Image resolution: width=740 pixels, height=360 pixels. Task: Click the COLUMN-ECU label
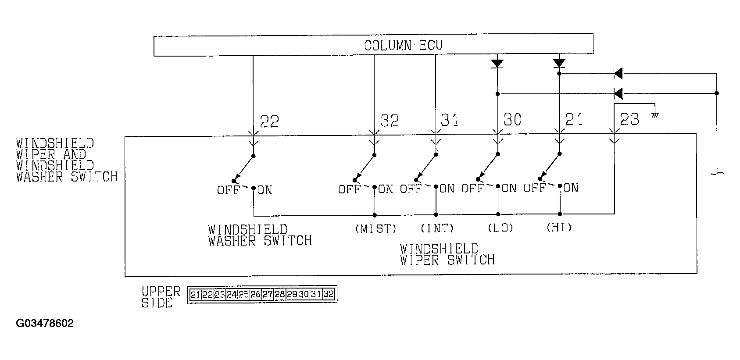tap(403, 46)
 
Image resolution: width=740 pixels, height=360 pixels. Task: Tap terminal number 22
tap(269, 121)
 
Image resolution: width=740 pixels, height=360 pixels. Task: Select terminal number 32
tap(389, 121)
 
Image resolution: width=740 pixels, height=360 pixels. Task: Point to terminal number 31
tap(450, 120)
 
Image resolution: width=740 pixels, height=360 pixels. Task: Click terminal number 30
tap(512, 120)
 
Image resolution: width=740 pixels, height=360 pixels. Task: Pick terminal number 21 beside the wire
tap(574, 119)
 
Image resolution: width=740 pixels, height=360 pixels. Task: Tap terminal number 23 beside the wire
tap(629, 119)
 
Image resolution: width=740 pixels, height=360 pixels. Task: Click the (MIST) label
tap(376, 228)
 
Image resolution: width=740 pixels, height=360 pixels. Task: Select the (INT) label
tap(437, 228)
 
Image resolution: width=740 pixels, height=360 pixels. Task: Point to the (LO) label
tap(500, 228)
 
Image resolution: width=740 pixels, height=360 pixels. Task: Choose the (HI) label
tap(559, 228)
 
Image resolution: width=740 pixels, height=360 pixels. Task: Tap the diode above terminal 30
tap(497, 64)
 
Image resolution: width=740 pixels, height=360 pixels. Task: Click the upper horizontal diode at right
tap(618, 74)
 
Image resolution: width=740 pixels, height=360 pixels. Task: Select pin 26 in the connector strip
tap(255, 295)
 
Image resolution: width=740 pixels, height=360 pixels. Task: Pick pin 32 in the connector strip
tap(328, 295)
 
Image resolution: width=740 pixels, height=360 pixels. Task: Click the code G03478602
tap(45, 324)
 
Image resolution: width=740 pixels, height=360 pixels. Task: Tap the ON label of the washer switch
tap(265, 190)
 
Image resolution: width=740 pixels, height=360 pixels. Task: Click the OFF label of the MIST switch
tap(349, 189)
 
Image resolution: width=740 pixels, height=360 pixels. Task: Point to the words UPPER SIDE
tap(161, 297)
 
